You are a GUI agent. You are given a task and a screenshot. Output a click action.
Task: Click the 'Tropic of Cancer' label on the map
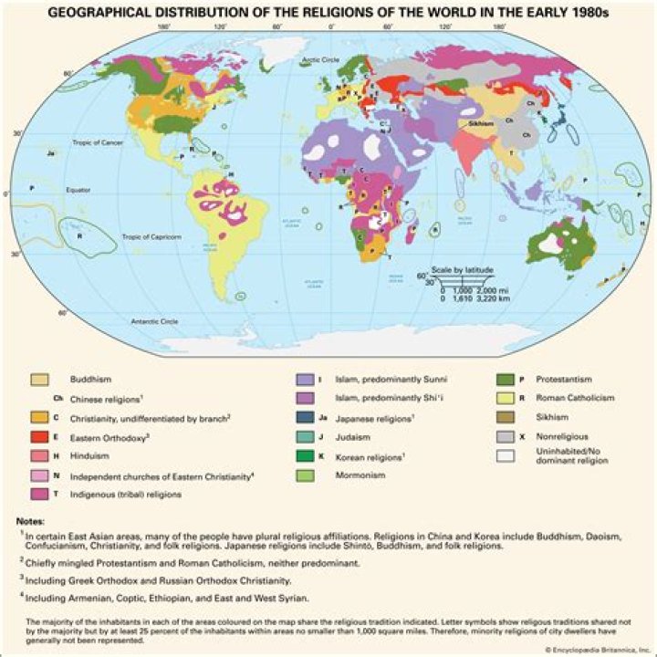(99, 143)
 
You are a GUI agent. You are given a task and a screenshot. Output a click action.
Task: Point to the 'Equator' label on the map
(79, 190)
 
